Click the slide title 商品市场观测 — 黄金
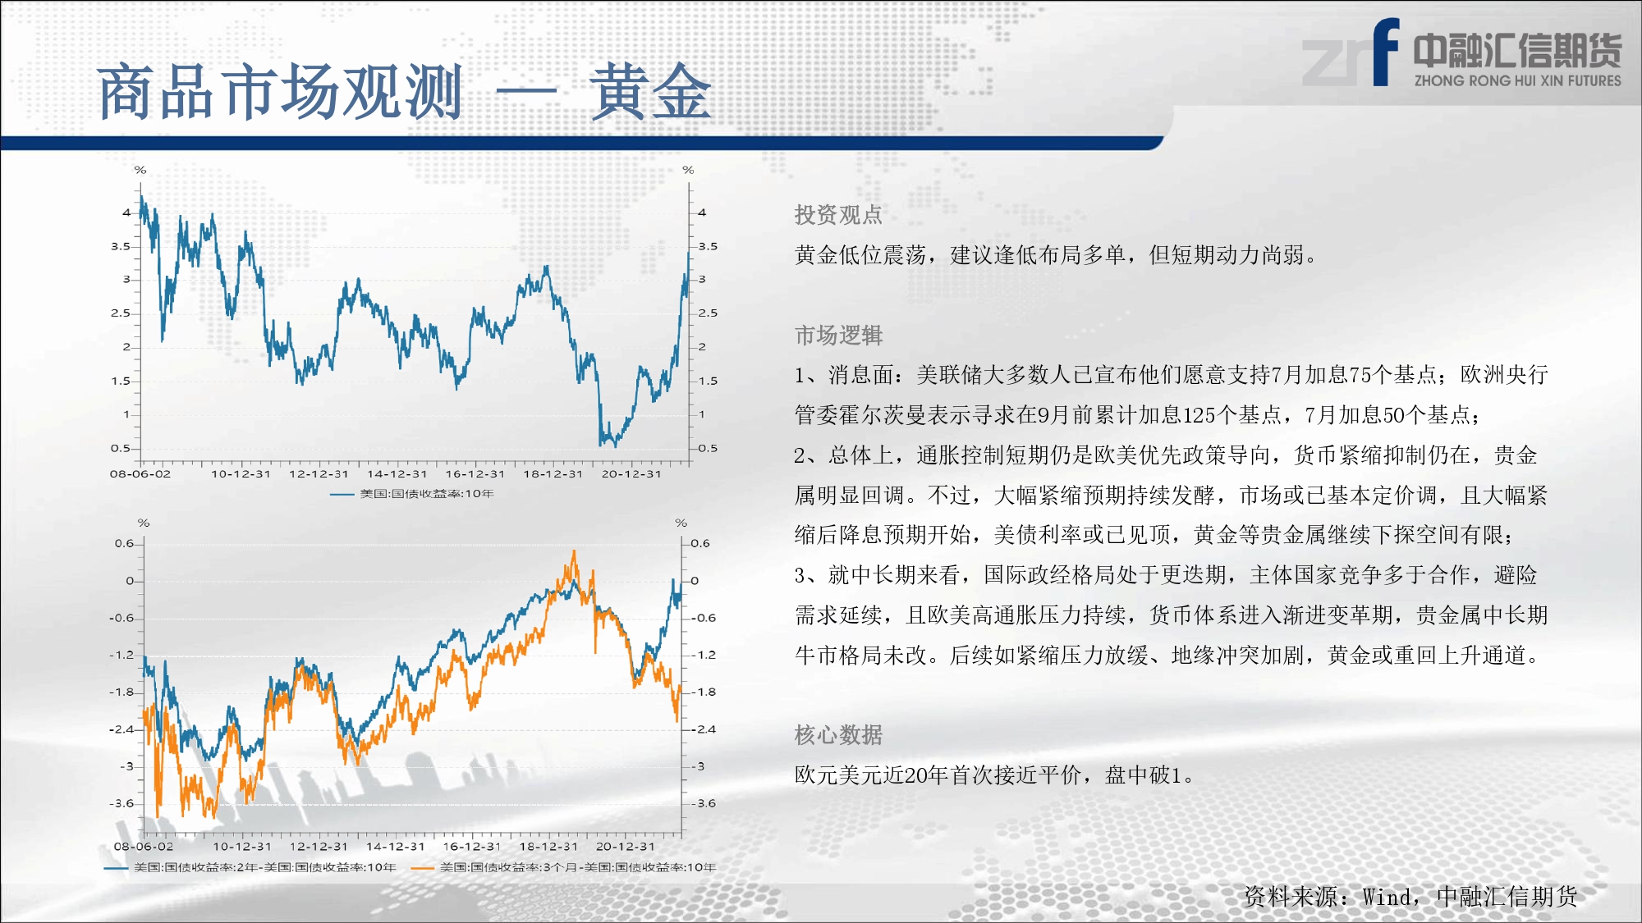(404, 92)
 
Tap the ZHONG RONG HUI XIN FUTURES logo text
(1517, 80)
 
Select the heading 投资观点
(838, 215)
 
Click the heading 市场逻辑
(838, 335)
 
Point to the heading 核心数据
(838, 734)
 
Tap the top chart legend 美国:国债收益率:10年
(411, 494)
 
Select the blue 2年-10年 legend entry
(250, 867)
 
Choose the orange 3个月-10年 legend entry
(563, 867)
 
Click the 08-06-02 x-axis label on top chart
(140, 473)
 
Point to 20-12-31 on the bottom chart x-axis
(626, 846)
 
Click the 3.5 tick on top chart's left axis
(121, 246)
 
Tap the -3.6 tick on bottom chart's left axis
(122, 803)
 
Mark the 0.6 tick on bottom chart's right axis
(700, 543)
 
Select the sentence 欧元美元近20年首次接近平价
(938, 774)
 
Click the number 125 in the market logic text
(1199, 415)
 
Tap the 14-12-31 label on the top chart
(397, 473)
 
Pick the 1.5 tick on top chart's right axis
(708, 381)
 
